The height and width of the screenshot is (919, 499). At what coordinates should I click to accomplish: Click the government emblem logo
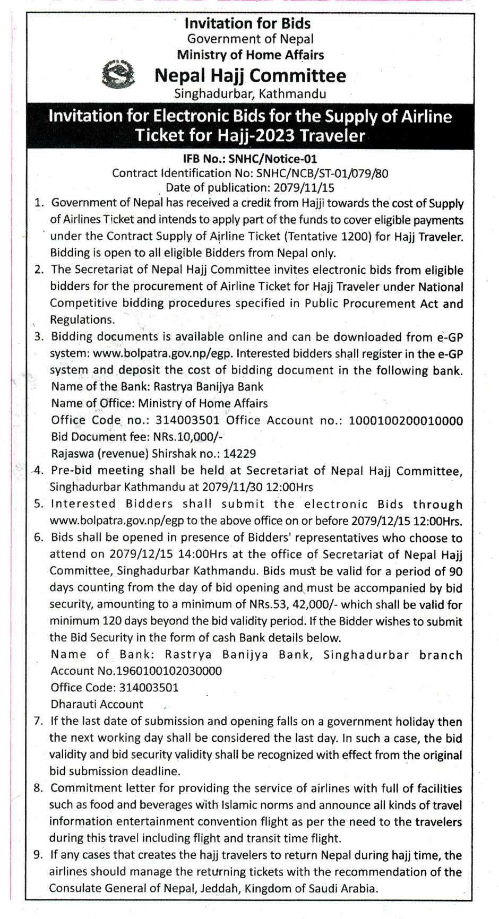pyautogui.click(x=118, y=75)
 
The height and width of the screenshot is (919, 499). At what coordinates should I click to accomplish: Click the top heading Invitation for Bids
pyautogui.click(x=247, y=23)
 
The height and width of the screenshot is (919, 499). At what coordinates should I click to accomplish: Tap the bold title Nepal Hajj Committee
pyautogui.click(x=250, y=76)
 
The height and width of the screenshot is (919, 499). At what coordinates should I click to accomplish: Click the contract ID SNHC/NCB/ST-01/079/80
pyautogui.click(x=322, y=173)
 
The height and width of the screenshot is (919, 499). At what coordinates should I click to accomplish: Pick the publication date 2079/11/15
pyautogui.click(x=304, y=187)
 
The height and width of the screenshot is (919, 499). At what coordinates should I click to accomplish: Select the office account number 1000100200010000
pyautogui.click(x=406, y=421)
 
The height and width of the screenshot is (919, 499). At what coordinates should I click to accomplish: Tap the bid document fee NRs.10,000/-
pyautogui.click(x=188, y=437)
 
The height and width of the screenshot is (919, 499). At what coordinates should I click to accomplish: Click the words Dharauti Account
pyautogui.click(x=97, y=704)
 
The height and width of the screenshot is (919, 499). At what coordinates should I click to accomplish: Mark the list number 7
pyautogui.click(x=38, y=721)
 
